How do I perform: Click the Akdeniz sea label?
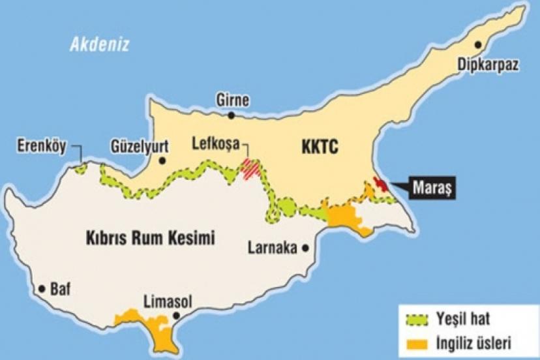100,44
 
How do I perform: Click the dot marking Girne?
232,115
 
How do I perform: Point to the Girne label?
232,100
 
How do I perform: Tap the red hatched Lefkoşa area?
251,168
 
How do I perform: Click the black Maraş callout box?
433,189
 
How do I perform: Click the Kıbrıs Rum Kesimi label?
150,239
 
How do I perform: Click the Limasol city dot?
175,319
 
